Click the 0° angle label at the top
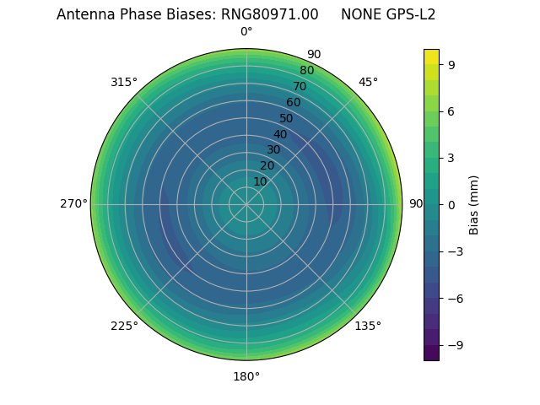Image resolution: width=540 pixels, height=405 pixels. pos(246,32)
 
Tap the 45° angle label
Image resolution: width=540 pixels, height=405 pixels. pos(368,82)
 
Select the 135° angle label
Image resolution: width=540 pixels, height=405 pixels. pos(368,326)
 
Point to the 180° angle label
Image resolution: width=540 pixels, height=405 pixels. pos(246,376)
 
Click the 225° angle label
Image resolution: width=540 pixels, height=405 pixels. pos(124,326)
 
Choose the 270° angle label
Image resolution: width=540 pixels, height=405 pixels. pos(73,204)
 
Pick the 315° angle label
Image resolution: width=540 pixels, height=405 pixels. pos(124,82)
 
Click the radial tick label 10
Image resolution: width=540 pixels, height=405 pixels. pos(260,181)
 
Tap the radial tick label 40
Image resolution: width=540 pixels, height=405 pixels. pos(280,134)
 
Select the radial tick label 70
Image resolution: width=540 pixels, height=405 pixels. pos(300,86)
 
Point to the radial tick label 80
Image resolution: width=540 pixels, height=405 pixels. pos(306,70)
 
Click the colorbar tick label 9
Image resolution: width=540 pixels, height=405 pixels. pos(451,64)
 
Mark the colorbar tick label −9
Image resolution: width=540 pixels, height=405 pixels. pos(455,345)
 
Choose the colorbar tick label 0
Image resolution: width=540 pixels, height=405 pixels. pos(451,204)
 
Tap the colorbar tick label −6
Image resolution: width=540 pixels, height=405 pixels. pos(455,299)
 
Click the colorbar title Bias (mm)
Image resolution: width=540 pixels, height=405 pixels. pos(474,204)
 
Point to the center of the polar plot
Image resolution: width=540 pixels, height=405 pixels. pos(246,204)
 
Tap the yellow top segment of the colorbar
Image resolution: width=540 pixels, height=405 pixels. pos(431,57)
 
